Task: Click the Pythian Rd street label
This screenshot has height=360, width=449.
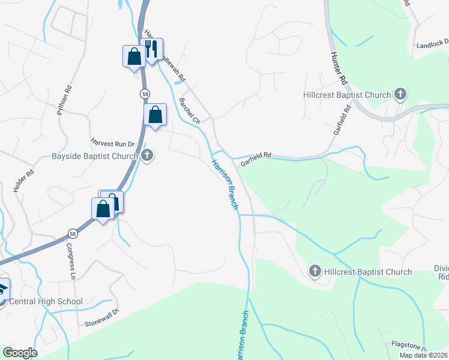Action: [64, 100]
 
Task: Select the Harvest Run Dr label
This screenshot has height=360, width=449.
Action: [115, 145]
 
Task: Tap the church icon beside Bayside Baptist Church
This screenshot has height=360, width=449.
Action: [148, 156]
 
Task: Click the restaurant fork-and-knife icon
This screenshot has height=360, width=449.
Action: [151, 48]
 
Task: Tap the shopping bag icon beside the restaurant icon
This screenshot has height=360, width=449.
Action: [134, 57]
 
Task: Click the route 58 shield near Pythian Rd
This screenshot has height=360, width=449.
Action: [145, 94]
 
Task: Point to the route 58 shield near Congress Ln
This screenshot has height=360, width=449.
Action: [72, 233]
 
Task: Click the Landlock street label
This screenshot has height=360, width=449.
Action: [432, 44]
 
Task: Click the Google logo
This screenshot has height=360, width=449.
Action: [20, 353]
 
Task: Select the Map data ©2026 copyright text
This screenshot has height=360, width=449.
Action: [423, 355]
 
